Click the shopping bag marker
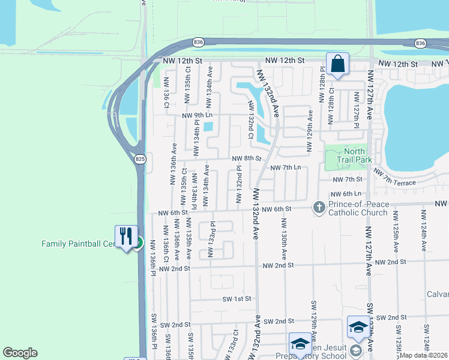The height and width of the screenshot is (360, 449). click(337, 64)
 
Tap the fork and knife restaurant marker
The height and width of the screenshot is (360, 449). click(125, 236)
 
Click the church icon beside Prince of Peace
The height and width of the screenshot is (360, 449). click(318, 208)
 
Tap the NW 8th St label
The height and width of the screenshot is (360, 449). click(247, 159)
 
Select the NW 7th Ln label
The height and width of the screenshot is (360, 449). click(285, 168)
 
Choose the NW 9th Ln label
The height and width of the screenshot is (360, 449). click(198, 115)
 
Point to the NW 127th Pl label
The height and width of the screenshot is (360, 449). click(355, 110)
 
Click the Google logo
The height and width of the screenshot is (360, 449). click(20, 353)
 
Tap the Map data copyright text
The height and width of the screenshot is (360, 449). click(423, 355)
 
